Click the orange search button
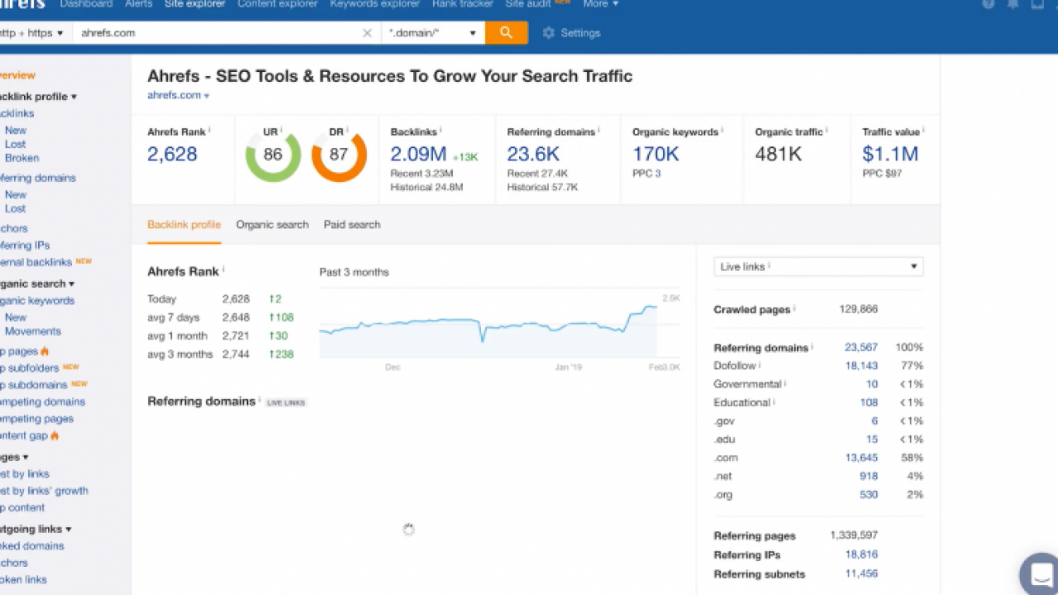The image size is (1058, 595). [x=506, y=33]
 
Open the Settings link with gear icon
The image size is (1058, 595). [x=571, y=33]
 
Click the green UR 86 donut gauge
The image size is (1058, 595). [x=273, y=155]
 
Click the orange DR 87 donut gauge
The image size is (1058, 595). [x=339, y=155]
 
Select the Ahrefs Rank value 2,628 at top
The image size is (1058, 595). [x=172, y=154]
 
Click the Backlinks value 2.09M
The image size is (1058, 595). [x=418, y=154]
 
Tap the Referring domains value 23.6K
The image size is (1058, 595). [x=533, y=154]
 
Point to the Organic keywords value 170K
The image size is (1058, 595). [x=655, y=154]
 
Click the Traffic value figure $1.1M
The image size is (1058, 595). [x=890, y=154]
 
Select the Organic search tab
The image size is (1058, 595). [x=272, y=225]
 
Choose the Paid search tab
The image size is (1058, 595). [x=352, y=225]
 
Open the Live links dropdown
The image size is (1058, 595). [x=818, y=267]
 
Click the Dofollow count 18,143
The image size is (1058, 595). [x=861, y=366]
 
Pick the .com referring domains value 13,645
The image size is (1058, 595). [x=861, y=458]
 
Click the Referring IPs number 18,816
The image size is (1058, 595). [x=861, y=555]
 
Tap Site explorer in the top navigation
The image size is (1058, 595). [x=195, y=4]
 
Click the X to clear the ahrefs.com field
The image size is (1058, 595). [x=367, y=33]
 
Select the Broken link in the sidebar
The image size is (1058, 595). [x=21, y=158]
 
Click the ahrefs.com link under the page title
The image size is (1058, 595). [x=174, y=95]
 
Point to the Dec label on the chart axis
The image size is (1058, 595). [x=393, y=367]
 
